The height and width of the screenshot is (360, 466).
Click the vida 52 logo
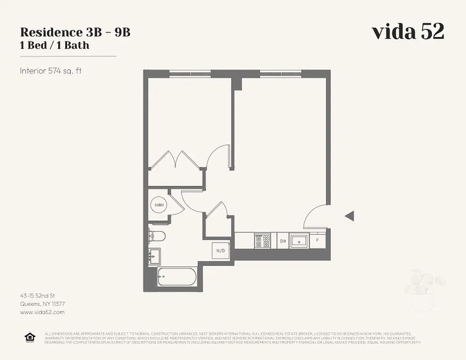(x=408, y=32)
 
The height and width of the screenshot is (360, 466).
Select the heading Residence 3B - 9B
(x=75, y=32)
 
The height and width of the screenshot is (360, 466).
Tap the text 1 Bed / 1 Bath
(x=54, y=45)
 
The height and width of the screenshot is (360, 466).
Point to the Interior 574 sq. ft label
(x=50, y=71)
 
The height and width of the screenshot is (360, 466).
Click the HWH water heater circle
(x=158, y=205)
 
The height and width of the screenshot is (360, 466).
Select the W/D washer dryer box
(x=221, y=251)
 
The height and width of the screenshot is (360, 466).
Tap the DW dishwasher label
(x=283, y=241)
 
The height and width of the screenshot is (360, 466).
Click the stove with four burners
(x=262, y=241)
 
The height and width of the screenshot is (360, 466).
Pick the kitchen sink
(x=299, y=241)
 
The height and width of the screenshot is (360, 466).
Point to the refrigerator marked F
(x=317, y=240)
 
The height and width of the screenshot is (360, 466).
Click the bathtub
(x=177, y=277)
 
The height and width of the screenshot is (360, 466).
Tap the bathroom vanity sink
(x=154, y=256)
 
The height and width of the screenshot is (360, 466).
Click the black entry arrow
(x=349, y=216)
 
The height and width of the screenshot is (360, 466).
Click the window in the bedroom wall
(x=190, y=74)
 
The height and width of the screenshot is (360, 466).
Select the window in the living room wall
(x=281, y=74)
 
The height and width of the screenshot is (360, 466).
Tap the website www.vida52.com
(x=42, y=312)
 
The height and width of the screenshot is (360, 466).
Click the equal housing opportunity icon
(x=30, y=337)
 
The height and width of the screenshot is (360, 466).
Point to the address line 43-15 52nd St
(x=37, y=296)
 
